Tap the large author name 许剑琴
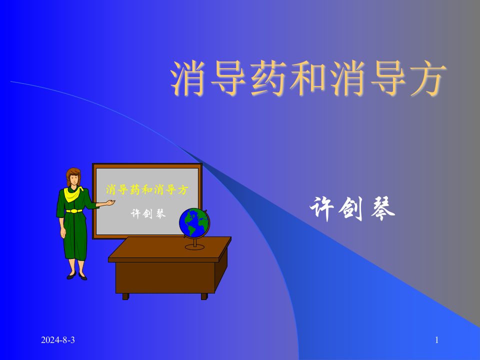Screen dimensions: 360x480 pyautogui.click(x=352, y=208)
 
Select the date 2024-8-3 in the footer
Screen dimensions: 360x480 pyautogui.click(x=58, y=340)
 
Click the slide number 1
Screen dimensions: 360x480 pyautogui.click(x=436, y=340)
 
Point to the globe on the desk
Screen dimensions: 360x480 pyautogui.click(x=194, y=222)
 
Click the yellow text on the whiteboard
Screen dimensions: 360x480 pyautogui.click(x=147, y=190)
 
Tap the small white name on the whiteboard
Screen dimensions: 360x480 pyautogui.click(x=148, y=213)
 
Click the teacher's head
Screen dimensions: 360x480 pyautogui.click(x=73, y=176)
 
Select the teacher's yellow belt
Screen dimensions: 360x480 pyautogui.click(x=74, y=211)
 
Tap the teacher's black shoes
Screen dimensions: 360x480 pyautogui.click(x=77, y=275)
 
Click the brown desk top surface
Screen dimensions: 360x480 pyautogui.click(x=170, y=247)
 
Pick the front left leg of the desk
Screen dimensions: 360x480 pyautogui.click(x=125, y=296)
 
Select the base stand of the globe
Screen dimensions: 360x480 pyautogui.click(x=194, y=246)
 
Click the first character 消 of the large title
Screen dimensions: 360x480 pyautogui.click(x=189, y=78)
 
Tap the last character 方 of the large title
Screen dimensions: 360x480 pyautogui.click(x=427, y=78)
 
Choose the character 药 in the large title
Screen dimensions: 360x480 pyautogui.click(x=268, y=78)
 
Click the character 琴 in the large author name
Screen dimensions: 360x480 pyautogui.click(x=383, y=208)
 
